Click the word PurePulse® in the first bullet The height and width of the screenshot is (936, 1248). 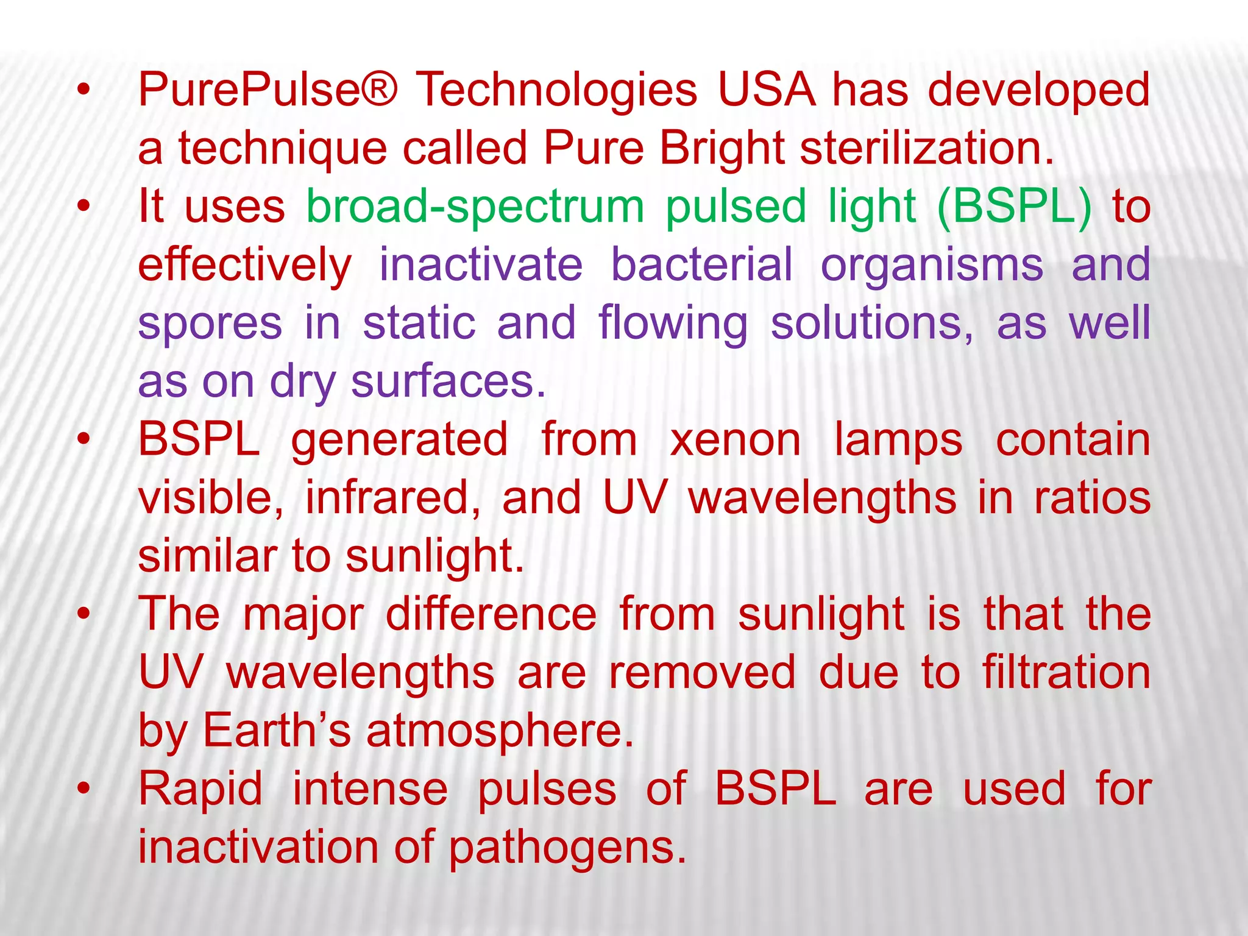[268, 90]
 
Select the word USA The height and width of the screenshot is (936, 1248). [766, 90]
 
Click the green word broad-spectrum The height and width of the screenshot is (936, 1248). [475, 207]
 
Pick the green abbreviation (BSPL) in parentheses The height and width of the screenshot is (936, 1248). [1014, 207]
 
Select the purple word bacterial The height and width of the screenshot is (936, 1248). [702, 266]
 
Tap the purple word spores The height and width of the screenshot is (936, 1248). [210, 324]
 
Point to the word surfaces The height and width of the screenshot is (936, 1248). [448, 382]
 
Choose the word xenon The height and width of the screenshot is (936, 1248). [735, 440]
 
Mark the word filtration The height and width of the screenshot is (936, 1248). [1066, 673]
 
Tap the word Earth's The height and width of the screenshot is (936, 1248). [277, 731]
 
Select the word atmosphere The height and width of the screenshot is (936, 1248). [500, 731]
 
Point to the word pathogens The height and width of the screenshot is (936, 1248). [567, 848]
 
